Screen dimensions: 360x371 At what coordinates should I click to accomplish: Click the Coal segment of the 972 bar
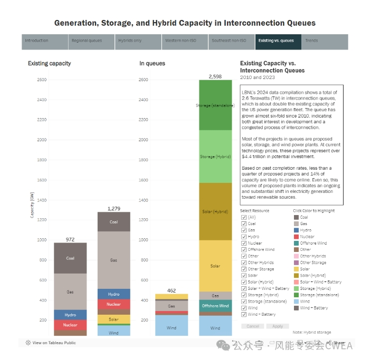click(70, 258)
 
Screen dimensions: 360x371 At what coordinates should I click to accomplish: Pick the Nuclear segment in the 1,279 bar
click(113, 304)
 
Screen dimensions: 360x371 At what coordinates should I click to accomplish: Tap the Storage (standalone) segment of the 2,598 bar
click(215, 105)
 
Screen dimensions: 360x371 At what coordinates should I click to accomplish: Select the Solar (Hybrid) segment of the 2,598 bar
click(215, 211)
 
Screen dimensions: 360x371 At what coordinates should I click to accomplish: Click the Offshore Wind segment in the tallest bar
click(215, 306)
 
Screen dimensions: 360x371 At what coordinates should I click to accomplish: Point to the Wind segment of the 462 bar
click(172, 327)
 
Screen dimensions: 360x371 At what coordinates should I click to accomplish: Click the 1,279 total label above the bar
click(114, 209)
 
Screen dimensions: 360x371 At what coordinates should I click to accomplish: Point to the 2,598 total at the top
click(215, 76)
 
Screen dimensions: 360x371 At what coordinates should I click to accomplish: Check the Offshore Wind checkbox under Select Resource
click(244, 249)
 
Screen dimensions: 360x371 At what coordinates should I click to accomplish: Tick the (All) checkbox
click(244, 217)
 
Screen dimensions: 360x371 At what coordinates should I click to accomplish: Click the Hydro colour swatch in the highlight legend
click(296, 230)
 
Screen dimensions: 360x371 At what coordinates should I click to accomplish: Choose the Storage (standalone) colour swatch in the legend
click(296, 295)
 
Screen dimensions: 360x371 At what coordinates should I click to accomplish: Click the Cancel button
click(253, 326)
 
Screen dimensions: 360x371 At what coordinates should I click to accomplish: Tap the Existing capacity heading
click(50, 63)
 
